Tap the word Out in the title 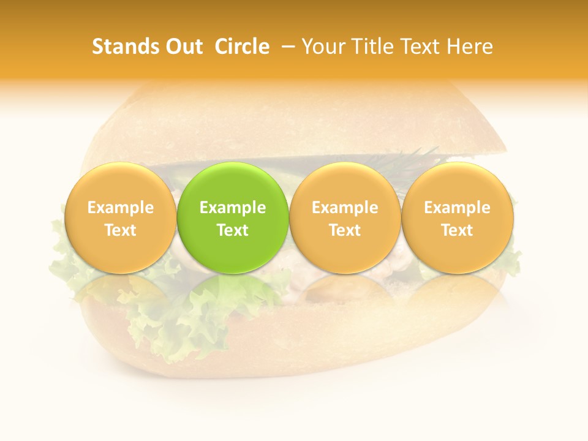182,47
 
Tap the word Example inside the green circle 233,208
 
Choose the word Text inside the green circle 233,230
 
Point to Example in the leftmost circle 120,208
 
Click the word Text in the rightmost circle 458,230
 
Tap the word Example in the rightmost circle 458,208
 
